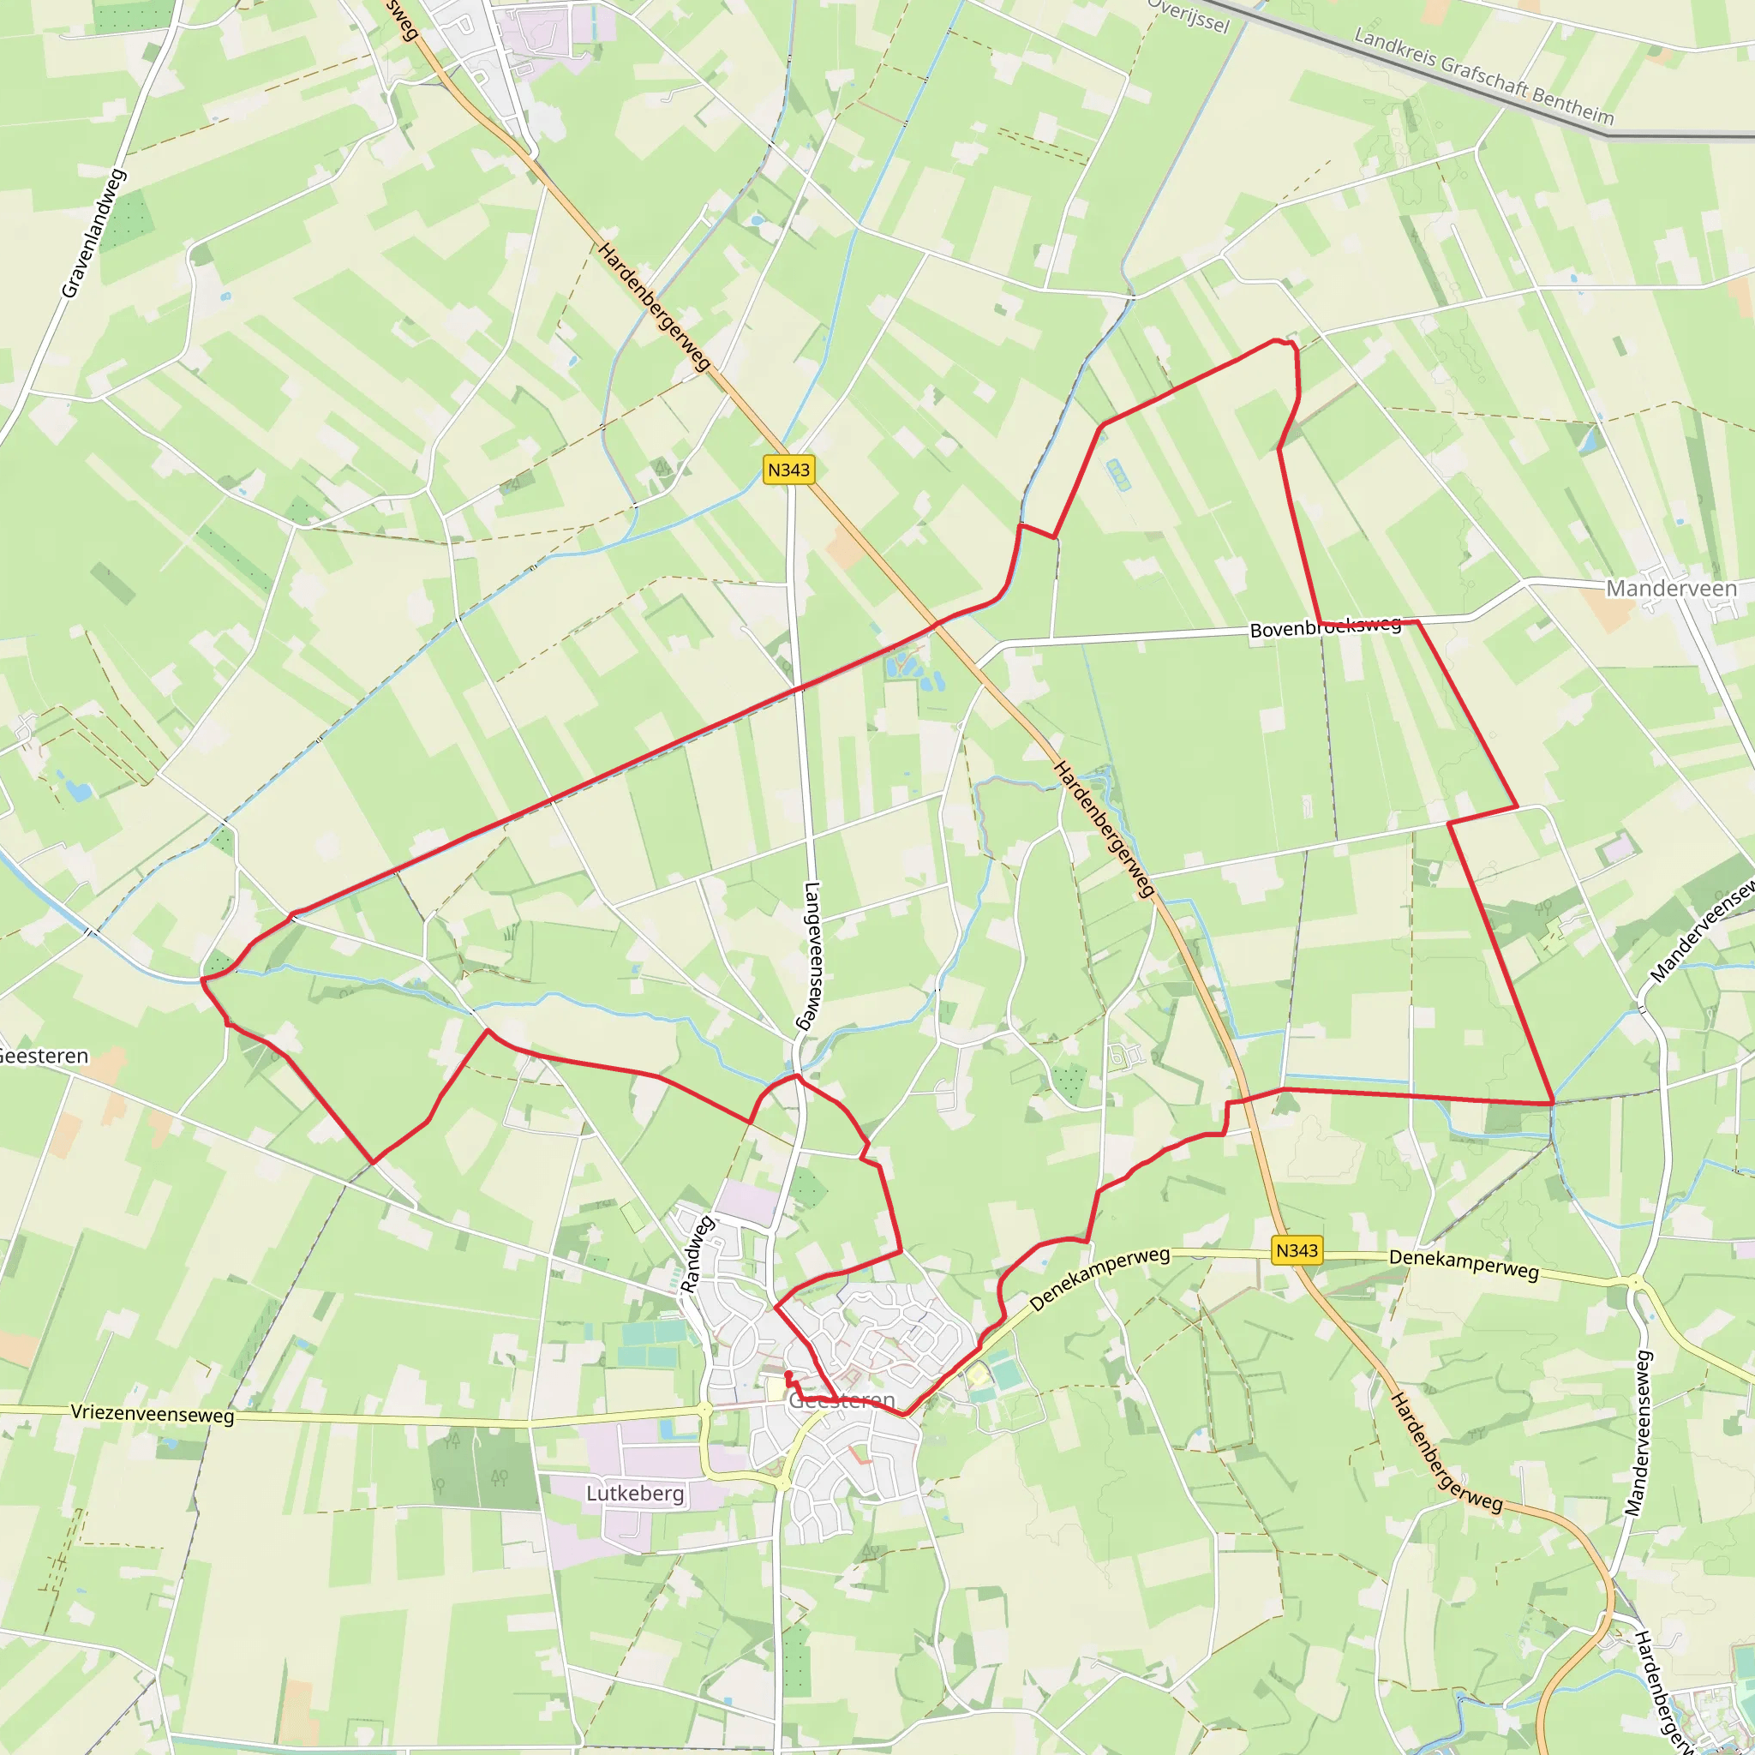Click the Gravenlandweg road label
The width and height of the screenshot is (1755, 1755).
[x=93, y=233]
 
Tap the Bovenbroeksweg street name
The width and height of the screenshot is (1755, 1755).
[x=1326, y=626]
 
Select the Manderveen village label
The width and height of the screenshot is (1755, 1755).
[x=1671, y=589]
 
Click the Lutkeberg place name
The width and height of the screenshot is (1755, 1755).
[x=634, y=1493]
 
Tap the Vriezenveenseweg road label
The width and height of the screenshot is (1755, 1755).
[x=153, y=1414]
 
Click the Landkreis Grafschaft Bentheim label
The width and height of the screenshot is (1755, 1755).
[x=1483, y=76]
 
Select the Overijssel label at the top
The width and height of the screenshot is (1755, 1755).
[x=1189, y=15]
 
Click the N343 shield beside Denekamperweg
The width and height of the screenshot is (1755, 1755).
[x=1297, y=1250]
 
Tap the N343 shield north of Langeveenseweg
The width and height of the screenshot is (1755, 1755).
[x=788, y=470]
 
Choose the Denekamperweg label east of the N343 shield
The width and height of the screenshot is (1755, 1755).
[x=1464, y=1264]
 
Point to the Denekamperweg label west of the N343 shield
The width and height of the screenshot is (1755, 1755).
[x=1099, y=1279]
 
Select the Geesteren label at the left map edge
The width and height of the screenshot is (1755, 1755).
[x=44, y=1056]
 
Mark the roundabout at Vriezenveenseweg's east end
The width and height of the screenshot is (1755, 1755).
[x=706, y=1409]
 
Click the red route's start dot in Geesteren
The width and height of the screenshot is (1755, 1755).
[x=788, y=1375]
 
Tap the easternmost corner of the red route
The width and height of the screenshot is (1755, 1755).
[x=1554, y=1103]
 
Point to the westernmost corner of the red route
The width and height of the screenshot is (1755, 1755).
[x=201, y=980]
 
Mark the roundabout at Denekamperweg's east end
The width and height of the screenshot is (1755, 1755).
[x=1635, y=1283]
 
